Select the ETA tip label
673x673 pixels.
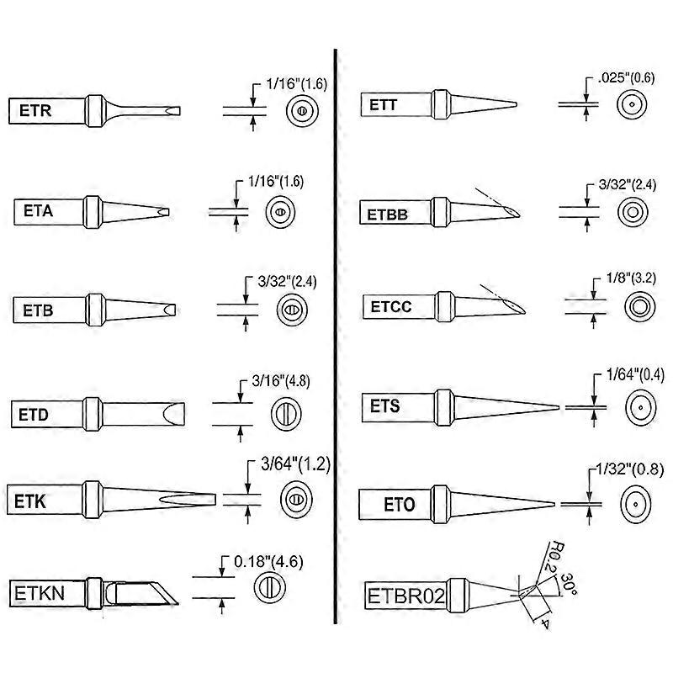click(x=38, y=212)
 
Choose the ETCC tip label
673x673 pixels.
click(x=391, y=307)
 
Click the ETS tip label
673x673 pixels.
click(x=384, y=406)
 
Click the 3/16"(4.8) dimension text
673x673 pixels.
click(x=273, y=380)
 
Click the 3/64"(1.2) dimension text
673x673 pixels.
click(x=294, y=464)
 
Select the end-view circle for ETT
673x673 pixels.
click(x=632, y=103)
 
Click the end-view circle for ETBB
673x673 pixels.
click(x=632, y=210)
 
